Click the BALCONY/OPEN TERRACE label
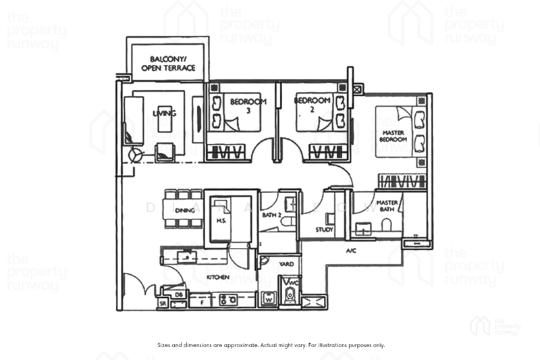point(168,63)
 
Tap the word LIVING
point(164,113)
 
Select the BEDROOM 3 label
point(248,106)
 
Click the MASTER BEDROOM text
point(394,136)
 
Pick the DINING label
point(185,211)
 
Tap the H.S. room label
point(220,220)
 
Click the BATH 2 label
point(271,216)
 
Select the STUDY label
point(325,230)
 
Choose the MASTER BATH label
point(387,206)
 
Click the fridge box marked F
point(202,303)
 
